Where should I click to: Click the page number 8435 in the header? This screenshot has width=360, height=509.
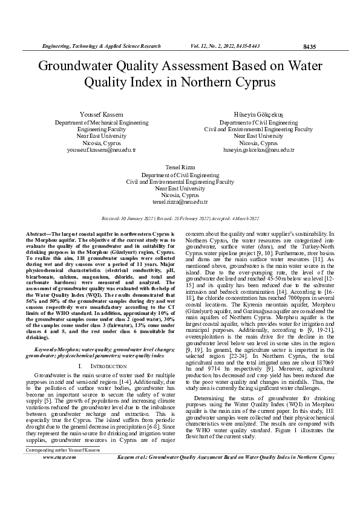click(x=309, y=47)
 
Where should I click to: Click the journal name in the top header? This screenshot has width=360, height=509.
click(x=100, y=46)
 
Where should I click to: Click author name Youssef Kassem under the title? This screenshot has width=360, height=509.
click(x=96, y=115)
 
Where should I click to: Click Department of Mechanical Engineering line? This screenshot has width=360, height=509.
click(x=96, y=122)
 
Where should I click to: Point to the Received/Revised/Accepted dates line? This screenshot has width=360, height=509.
click(x=180, y=218)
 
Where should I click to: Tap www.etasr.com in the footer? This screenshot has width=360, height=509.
click(x=59, y=491)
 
